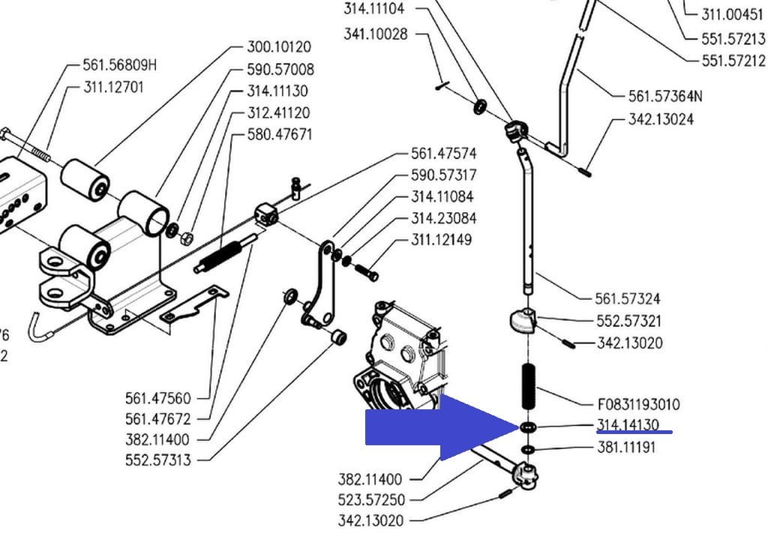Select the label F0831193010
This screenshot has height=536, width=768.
click(x=639, y=404)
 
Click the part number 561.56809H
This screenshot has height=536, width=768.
click(x=120, y=65)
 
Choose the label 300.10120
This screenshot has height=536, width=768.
click(x=278, y=48)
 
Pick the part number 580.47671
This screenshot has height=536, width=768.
click(x=280, y=135)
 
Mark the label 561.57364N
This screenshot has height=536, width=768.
click(x=665, y=96)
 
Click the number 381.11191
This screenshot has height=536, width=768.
click(x=627, y=448)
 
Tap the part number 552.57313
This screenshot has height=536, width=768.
click(x=157, y=460)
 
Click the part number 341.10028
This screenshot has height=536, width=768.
click(x=376, y=34)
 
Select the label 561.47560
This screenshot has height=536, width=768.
click(x=157, y=397)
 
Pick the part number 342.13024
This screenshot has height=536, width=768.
click(x=661, y=119)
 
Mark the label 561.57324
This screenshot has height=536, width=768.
click(x=628, y=299)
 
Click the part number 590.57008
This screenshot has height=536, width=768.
click(x=280, y=70)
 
